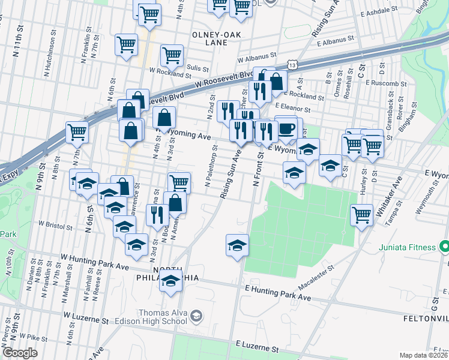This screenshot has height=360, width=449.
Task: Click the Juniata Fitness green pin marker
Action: [444, 247]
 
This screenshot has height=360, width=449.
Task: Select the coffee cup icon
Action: [287, 128]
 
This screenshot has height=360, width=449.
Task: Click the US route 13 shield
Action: [292, 64]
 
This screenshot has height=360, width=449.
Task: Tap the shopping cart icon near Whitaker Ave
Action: [361, 214]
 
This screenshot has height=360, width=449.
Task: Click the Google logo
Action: [20, 353]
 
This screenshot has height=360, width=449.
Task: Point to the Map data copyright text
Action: [423, 355]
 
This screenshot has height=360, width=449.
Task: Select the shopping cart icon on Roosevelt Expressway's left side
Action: [77, 131]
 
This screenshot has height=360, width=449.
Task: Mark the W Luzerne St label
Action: [85, 316]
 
